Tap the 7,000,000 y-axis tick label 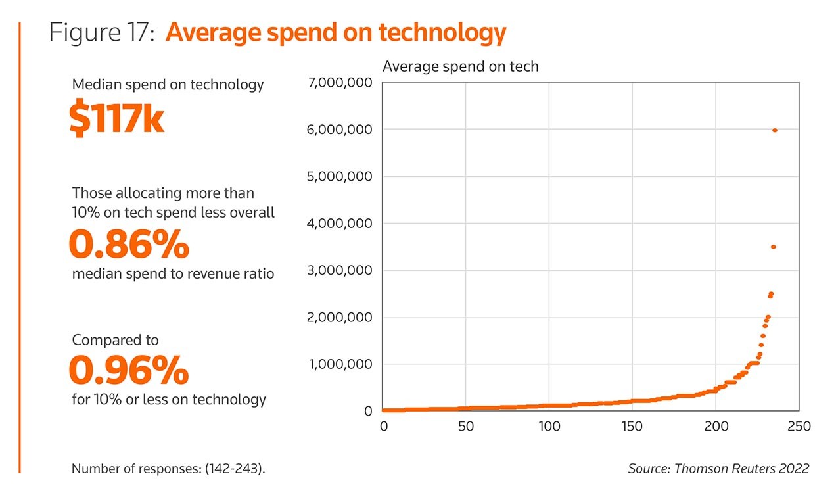339,83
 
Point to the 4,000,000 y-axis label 339,224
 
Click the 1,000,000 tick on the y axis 339,364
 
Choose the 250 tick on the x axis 799,427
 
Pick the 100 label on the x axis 549,427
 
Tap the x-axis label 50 465,427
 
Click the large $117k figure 116,120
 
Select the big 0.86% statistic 129,245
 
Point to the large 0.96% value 129,371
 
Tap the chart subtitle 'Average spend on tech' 460,66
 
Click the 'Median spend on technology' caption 168,85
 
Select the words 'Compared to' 115,341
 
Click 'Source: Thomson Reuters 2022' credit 718,469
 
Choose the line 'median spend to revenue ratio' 173,274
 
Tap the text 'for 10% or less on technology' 169,399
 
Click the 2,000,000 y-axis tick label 339,318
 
